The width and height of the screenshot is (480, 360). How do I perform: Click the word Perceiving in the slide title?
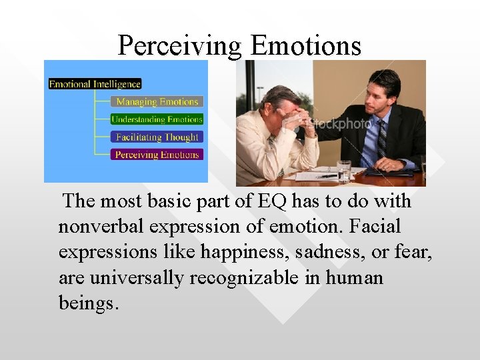[x=180, y=45]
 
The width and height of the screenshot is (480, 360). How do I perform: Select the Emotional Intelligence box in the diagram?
[x=95, y=84]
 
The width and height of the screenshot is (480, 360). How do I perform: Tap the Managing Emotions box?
[x=157, y=102]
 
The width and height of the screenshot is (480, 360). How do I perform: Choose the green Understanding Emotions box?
[x=157, y=119]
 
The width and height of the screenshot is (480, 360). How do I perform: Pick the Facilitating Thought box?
[x=157, y=137]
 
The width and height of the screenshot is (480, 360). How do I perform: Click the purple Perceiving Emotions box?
[x=157, y=155]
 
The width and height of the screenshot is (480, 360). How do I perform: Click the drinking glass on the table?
[x=343, y=171]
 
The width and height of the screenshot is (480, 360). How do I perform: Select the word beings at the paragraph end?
[x=87, y=303]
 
